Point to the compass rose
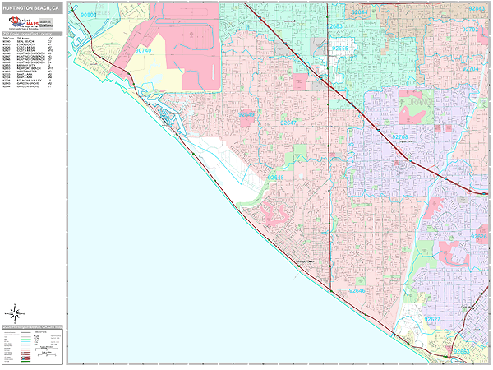pos(15,313)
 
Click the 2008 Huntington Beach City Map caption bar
pos(33,327)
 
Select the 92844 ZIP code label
pos(359,14)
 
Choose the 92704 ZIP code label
pos(471,69)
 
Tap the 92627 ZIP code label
pos(433,319)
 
